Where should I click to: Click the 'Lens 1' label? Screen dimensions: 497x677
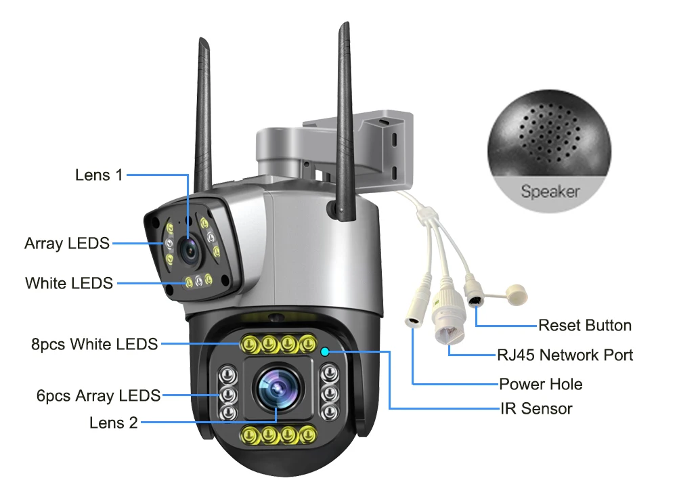99,175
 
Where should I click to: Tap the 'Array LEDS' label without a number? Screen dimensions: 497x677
67,243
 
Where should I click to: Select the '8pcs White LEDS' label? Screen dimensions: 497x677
95,344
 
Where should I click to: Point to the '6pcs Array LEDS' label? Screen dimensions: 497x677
98,395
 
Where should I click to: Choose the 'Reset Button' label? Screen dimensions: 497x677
585,326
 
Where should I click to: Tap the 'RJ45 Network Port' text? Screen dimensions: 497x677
565,355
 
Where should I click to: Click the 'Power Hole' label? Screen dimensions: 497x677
541,385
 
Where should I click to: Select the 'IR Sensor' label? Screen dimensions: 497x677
536,408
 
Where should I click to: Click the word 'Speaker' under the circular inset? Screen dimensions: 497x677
550,192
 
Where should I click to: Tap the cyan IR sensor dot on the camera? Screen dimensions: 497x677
325,351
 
